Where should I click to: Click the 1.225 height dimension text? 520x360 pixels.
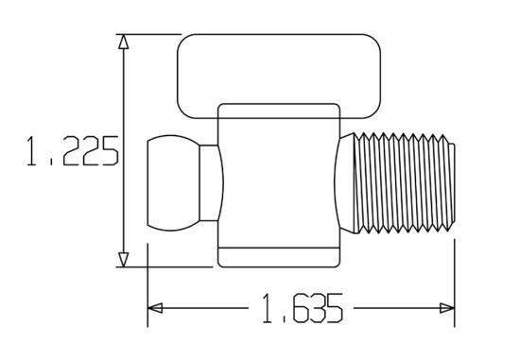[x=73, y=151]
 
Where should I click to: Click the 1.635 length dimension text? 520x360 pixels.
[x=303, y=308]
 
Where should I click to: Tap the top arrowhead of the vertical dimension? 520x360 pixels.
[x=123, y=42]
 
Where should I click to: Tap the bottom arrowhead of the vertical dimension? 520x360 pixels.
[x=123, y=260]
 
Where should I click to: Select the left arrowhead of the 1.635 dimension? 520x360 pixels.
[x=155, y=308]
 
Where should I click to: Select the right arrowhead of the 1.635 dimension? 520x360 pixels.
[x=447, y=308]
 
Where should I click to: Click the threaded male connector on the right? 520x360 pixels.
[x=404, y=182]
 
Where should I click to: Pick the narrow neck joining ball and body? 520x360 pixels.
[x=209, y=182]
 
